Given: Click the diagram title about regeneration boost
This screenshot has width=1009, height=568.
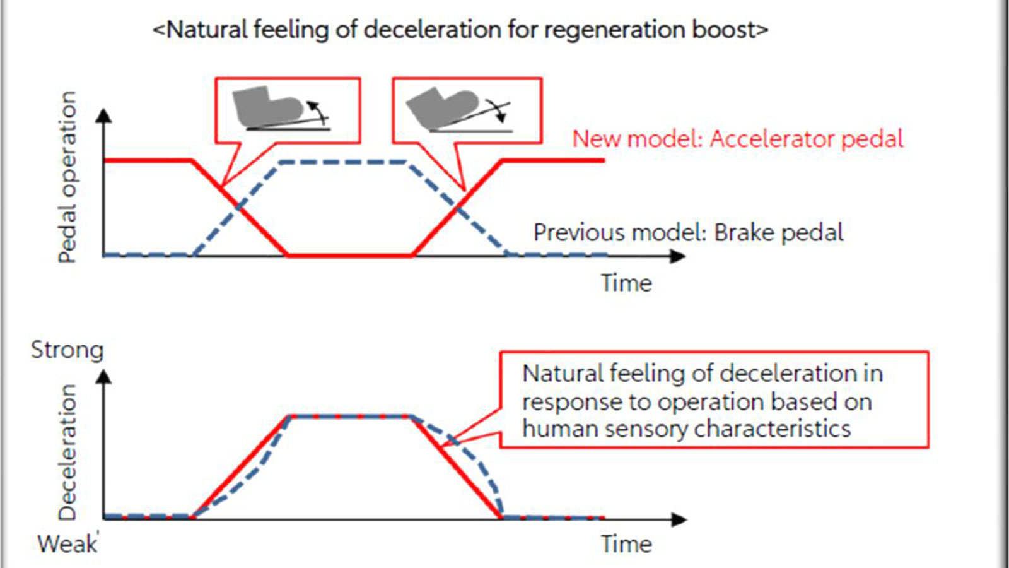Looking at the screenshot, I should pyautogui.click(x=460, y=30).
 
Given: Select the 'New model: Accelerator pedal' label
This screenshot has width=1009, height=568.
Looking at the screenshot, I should pyautogui.click(x=737, y=139).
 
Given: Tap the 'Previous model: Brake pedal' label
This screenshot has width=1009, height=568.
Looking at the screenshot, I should pyautogui.click(x=688, y=232).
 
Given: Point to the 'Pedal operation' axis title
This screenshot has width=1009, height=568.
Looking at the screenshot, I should pyautogui.click(x=67, y=177).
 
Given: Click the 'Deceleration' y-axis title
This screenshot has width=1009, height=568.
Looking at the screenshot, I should pyautogui.click(x=67, y=452).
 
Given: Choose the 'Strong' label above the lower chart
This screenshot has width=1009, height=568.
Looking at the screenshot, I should pyautogui.click(x=67, y=350).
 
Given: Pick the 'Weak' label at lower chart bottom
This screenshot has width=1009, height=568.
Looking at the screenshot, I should pyautogui.click(x=67, y=543).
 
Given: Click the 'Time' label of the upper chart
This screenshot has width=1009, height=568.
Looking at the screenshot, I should pyautogui.click(x=626, y=283).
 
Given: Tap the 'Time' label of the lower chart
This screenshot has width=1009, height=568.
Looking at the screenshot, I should pyautogui.click(x=626, y=543).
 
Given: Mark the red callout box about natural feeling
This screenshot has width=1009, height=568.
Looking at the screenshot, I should pyautogui.click(x=714, y=400).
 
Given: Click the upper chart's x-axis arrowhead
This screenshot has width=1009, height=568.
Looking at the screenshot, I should pyautogui.click(x=679, y=256).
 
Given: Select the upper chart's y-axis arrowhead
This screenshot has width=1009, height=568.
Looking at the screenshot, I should pyautogui.click(x=105, y=115).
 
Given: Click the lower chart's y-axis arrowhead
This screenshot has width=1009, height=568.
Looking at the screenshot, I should pyautogui.click(x=105, y=377).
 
